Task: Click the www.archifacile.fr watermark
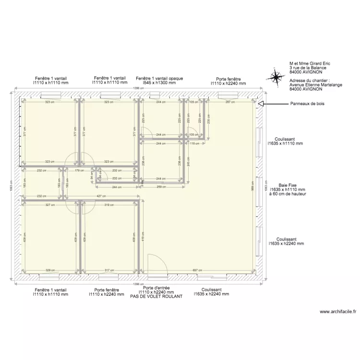pyautogui.click(x=338, y=312)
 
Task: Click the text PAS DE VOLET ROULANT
pyautogui.click(x=156, y=297)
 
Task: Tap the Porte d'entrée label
pyautogui.click(x=156, y=288)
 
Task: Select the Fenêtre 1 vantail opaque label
pyautogui.click(x=159, y=78)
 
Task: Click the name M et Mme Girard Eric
pyautogui.click(x=310, y=63)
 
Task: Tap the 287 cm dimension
pyautogui.click(x=230, y=102)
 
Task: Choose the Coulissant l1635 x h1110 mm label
pyautogui.click(x=285, y=141)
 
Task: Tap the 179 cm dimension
pyautogui.click(x=77, y=170)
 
